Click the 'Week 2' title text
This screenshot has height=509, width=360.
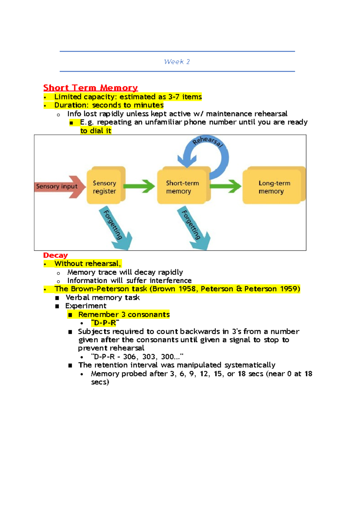[x=177, y=62]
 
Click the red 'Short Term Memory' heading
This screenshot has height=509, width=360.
[x=90, y=88]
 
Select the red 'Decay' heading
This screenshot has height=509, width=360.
[x=55, y=255]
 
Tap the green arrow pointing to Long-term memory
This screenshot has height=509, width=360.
[x=225, y=186]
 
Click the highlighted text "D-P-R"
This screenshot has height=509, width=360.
[x=105, y=323]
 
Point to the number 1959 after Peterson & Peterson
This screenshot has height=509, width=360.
[x=289, y=289]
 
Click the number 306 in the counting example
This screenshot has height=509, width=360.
[x=130, y=357]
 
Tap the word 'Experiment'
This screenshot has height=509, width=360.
[x=86, y=306]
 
